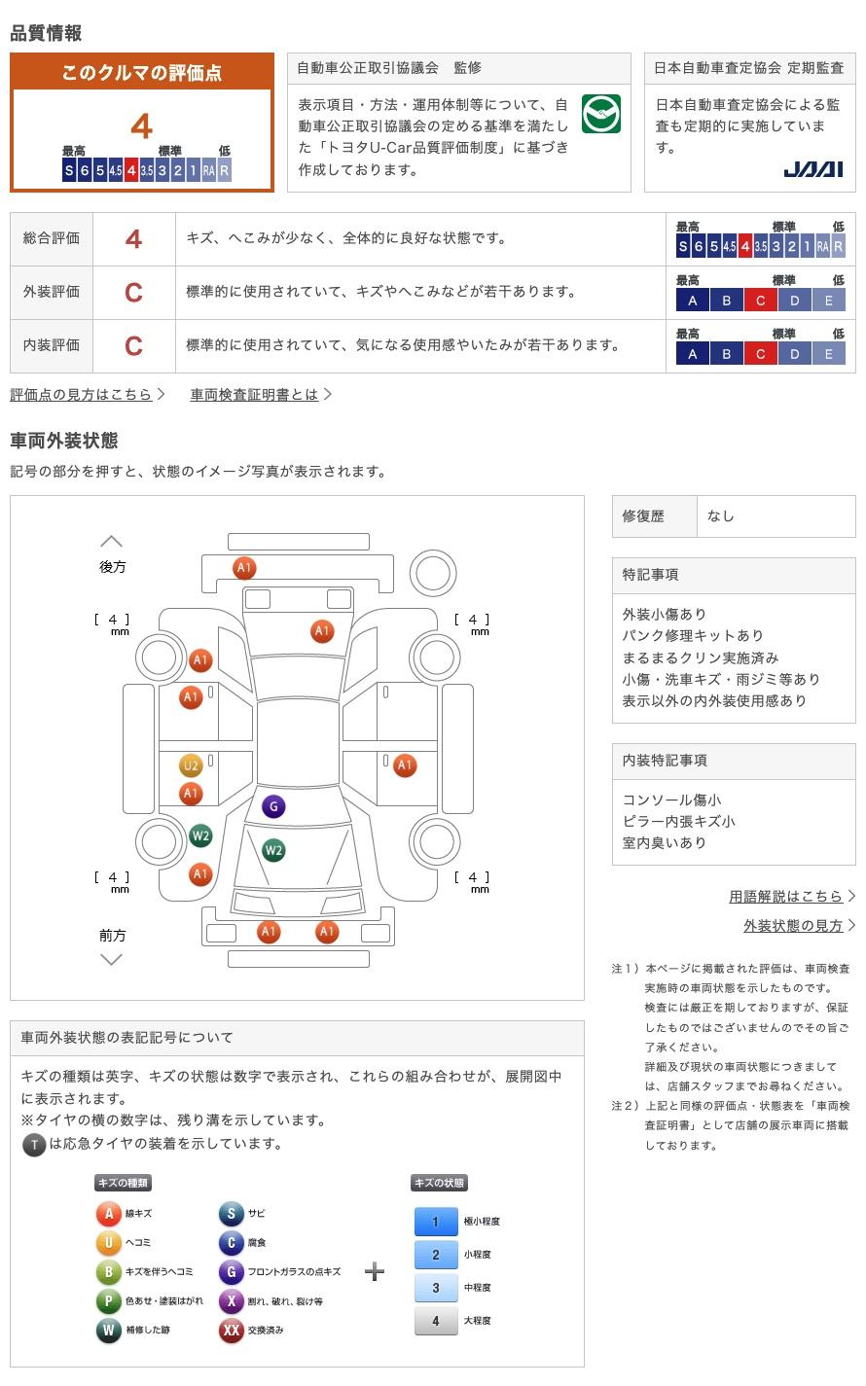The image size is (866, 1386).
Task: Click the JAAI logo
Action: (x=812, y=169)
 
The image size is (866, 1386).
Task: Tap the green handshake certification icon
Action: (x=600, y=115)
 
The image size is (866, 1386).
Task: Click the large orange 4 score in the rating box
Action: (x=142, y=127)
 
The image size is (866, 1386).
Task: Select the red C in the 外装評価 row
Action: (x=133, y=293)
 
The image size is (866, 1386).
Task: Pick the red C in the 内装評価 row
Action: (x=133, y=346)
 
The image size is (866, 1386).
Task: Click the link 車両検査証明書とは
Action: (x=254, y=395)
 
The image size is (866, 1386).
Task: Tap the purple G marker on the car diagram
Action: (x=273, y=806)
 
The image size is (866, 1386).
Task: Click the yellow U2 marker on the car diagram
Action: (x=191, y=765)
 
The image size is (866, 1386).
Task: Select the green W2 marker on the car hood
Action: (x=273, y=850)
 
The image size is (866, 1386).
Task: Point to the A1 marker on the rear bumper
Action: (x=243, y=568)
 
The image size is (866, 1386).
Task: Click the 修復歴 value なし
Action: (x=721, y=516)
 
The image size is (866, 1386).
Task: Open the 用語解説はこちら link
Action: (x=785, y=897)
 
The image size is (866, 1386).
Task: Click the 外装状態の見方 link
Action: (x=793, y=926)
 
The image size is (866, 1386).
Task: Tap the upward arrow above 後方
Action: (x=112, y=542)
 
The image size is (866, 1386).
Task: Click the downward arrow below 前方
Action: (x=112, y=960)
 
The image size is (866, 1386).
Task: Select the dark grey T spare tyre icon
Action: (x=34, y=1145)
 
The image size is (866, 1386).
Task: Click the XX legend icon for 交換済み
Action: (x=231, y=1331)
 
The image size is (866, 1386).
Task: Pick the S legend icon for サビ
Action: (x=231, y=1214)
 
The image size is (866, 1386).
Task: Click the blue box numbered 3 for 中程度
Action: (x=436, y=1288)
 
